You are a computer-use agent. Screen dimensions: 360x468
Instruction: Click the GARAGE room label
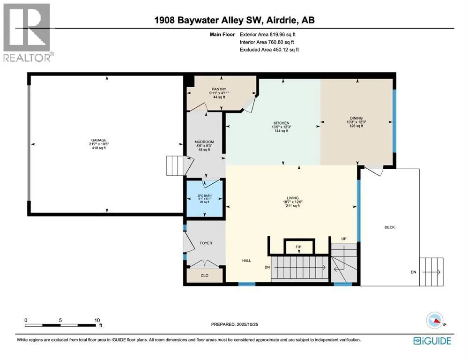99,140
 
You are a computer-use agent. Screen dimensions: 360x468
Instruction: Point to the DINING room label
356,118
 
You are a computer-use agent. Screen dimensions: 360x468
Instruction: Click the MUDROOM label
204,142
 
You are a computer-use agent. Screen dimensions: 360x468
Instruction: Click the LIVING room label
293,198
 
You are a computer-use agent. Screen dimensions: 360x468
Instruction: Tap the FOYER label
206,243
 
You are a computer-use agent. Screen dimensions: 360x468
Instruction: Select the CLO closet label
204,276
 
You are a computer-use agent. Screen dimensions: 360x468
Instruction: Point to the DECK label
390,227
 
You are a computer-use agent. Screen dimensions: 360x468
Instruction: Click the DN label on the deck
413,272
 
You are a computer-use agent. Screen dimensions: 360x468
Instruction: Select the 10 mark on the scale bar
97,321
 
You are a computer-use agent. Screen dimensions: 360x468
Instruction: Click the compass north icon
435,321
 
